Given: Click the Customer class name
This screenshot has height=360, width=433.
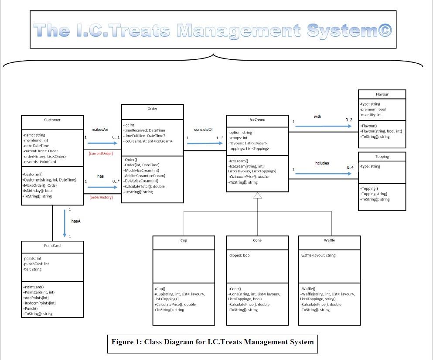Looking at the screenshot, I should tap(52, 120).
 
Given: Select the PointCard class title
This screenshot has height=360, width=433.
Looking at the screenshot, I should tap(52, 246).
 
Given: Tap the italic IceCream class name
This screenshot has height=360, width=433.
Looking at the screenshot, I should tap(257, 119).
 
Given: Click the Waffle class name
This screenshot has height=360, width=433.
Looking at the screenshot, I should tap(329, 240).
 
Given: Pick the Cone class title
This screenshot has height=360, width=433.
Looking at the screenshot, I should tap(257, 240).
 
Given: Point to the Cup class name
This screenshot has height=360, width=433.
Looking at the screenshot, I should tap(184, 240).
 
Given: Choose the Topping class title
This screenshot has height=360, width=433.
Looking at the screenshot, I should tap(382, 156).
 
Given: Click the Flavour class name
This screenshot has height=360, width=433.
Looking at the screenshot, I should tap(382, 94).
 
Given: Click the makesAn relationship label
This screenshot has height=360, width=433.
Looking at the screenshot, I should tap(100, 130).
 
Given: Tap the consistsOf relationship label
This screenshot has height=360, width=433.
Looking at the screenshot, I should tap(203, 129).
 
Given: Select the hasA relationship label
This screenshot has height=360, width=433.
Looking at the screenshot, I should tap(76, 221).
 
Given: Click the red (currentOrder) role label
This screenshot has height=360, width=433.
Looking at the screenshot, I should tap(101, 154).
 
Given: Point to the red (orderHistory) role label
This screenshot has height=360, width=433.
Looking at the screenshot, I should tap(101, 197).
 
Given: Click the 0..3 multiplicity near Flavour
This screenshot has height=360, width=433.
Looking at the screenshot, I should tap(349, 120).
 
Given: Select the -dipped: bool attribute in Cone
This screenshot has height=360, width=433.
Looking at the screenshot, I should tap(239, 255).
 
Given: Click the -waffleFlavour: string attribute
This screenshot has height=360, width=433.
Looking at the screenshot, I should tap(318, 255).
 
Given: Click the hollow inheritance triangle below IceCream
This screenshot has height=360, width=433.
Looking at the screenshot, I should tap(257, 195).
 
